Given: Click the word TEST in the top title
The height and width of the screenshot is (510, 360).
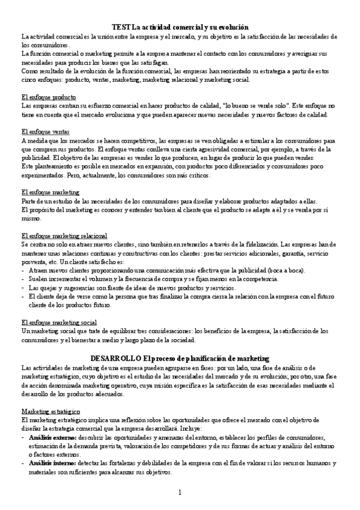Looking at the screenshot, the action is pyautogui.click(x=121, y=27).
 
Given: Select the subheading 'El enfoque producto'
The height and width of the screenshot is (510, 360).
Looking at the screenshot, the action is pyautogui.click(x=48, y=97).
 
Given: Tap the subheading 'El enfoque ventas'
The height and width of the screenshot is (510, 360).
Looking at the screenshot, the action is pyautogui.click(x=45, y=132).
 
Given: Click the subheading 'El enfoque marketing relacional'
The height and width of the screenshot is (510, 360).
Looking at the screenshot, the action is pyautogui.click(x=64, y=236).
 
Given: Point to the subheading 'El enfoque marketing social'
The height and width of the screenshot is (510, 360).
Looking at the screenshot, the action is pyautogui.click(x=58, y=322).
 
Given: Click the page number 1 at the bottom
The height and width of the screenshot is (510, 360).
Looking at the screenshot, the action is pyautogui.click(x=180, y=493).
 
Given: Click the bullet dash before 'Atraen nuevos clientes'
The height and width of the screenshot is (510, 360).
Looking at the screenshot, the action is pyautogui.click(x=22, y=271).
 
